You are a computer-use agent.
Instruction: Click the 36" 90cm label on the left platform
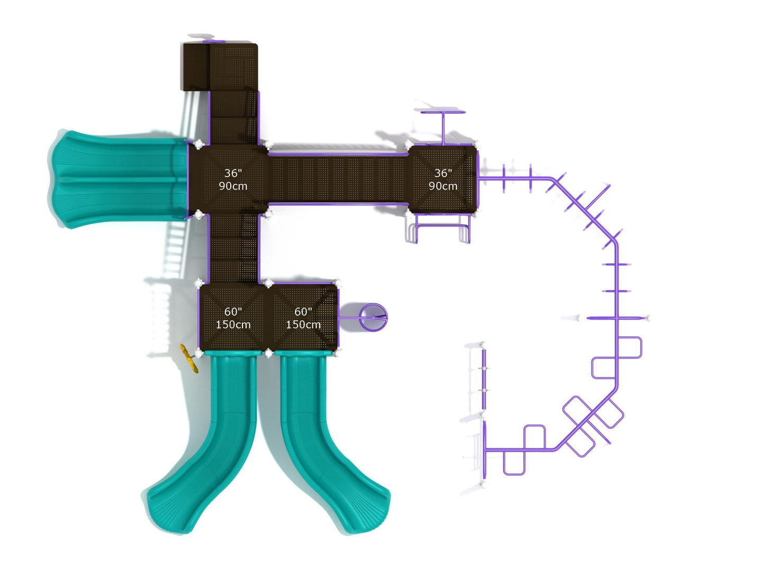point(233,179)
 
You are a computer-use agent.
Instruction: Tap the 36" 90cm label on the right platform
point(443,179)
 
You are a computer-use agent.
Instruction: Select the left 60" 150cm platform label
point(233,318)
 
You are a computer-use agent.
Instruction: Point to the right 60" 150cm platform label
point(303,318)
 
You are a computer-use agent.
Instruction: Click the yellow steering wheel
point(189,358)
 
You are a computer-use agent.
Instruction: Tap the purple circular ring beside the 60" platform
point(373,317)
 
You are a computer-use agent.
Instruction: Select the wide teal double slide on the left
point(119,179)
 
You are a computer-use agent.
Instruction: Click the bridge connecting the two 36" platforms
point(338,179)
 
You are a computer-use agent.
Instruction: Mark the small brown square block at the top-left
point(196,67)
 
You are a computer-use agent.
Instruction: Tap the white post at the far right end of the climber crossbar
point(647,318)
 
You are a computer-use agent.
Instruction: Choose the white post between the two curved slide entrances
point(268,354)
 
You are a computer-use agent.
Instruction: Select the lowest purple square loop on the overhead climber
point(514,462)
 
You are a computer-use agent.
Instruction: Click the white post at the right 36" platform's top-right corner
point(476,145)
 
